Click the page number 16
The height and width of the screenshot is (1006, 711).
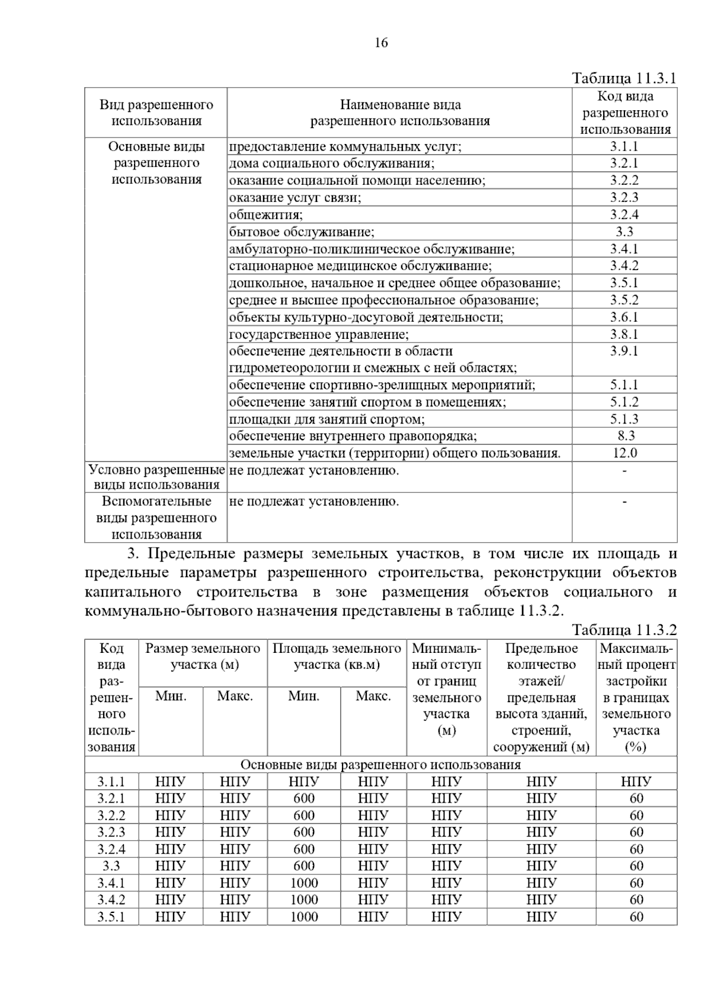[x=381, y=43]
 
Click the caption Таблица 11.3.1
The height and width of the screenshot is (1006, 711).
[x=624, y=78]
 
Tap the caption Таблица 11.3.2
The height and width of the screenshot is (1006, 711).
[x=624, y=629]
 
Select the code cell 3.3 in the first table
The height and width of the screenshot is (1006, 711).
[x=624, y=232]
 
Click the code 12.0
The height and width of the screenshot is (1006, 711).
[x=624, y=453]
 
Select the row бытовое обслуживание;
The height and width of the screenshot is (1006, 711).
[x=302, y=232]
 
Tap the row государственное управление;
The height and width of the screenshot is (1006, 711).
[x=319, y=334]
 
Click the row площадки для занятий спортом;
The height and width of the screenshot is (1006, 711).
[x=327, y=419]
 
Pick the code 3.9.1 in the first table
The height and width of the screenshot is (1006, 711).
[x=624, y=351]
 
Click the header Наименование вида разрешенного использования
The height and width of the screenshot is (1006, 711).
[x=400, y=113]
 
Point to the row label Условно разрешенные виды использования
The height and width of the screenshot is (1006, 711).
[x=156, y=477]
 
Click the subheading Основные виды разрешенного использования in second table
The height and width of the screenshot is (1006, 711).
[x=380, y=764]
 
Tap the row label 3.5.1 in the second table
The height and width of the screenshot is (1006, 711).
[x=111, y=917]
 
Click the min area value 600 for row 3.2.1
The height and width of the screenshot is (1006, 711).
[x=304, y=798]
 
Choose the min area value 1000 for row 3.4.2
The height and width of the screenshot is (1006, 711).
[x=304, y=899]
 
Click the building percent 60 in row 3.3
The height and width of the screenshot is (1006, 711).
[x=636, y=866]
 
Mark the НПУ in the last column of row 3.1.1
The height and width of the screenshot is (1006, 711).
[x=636, y=781]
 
